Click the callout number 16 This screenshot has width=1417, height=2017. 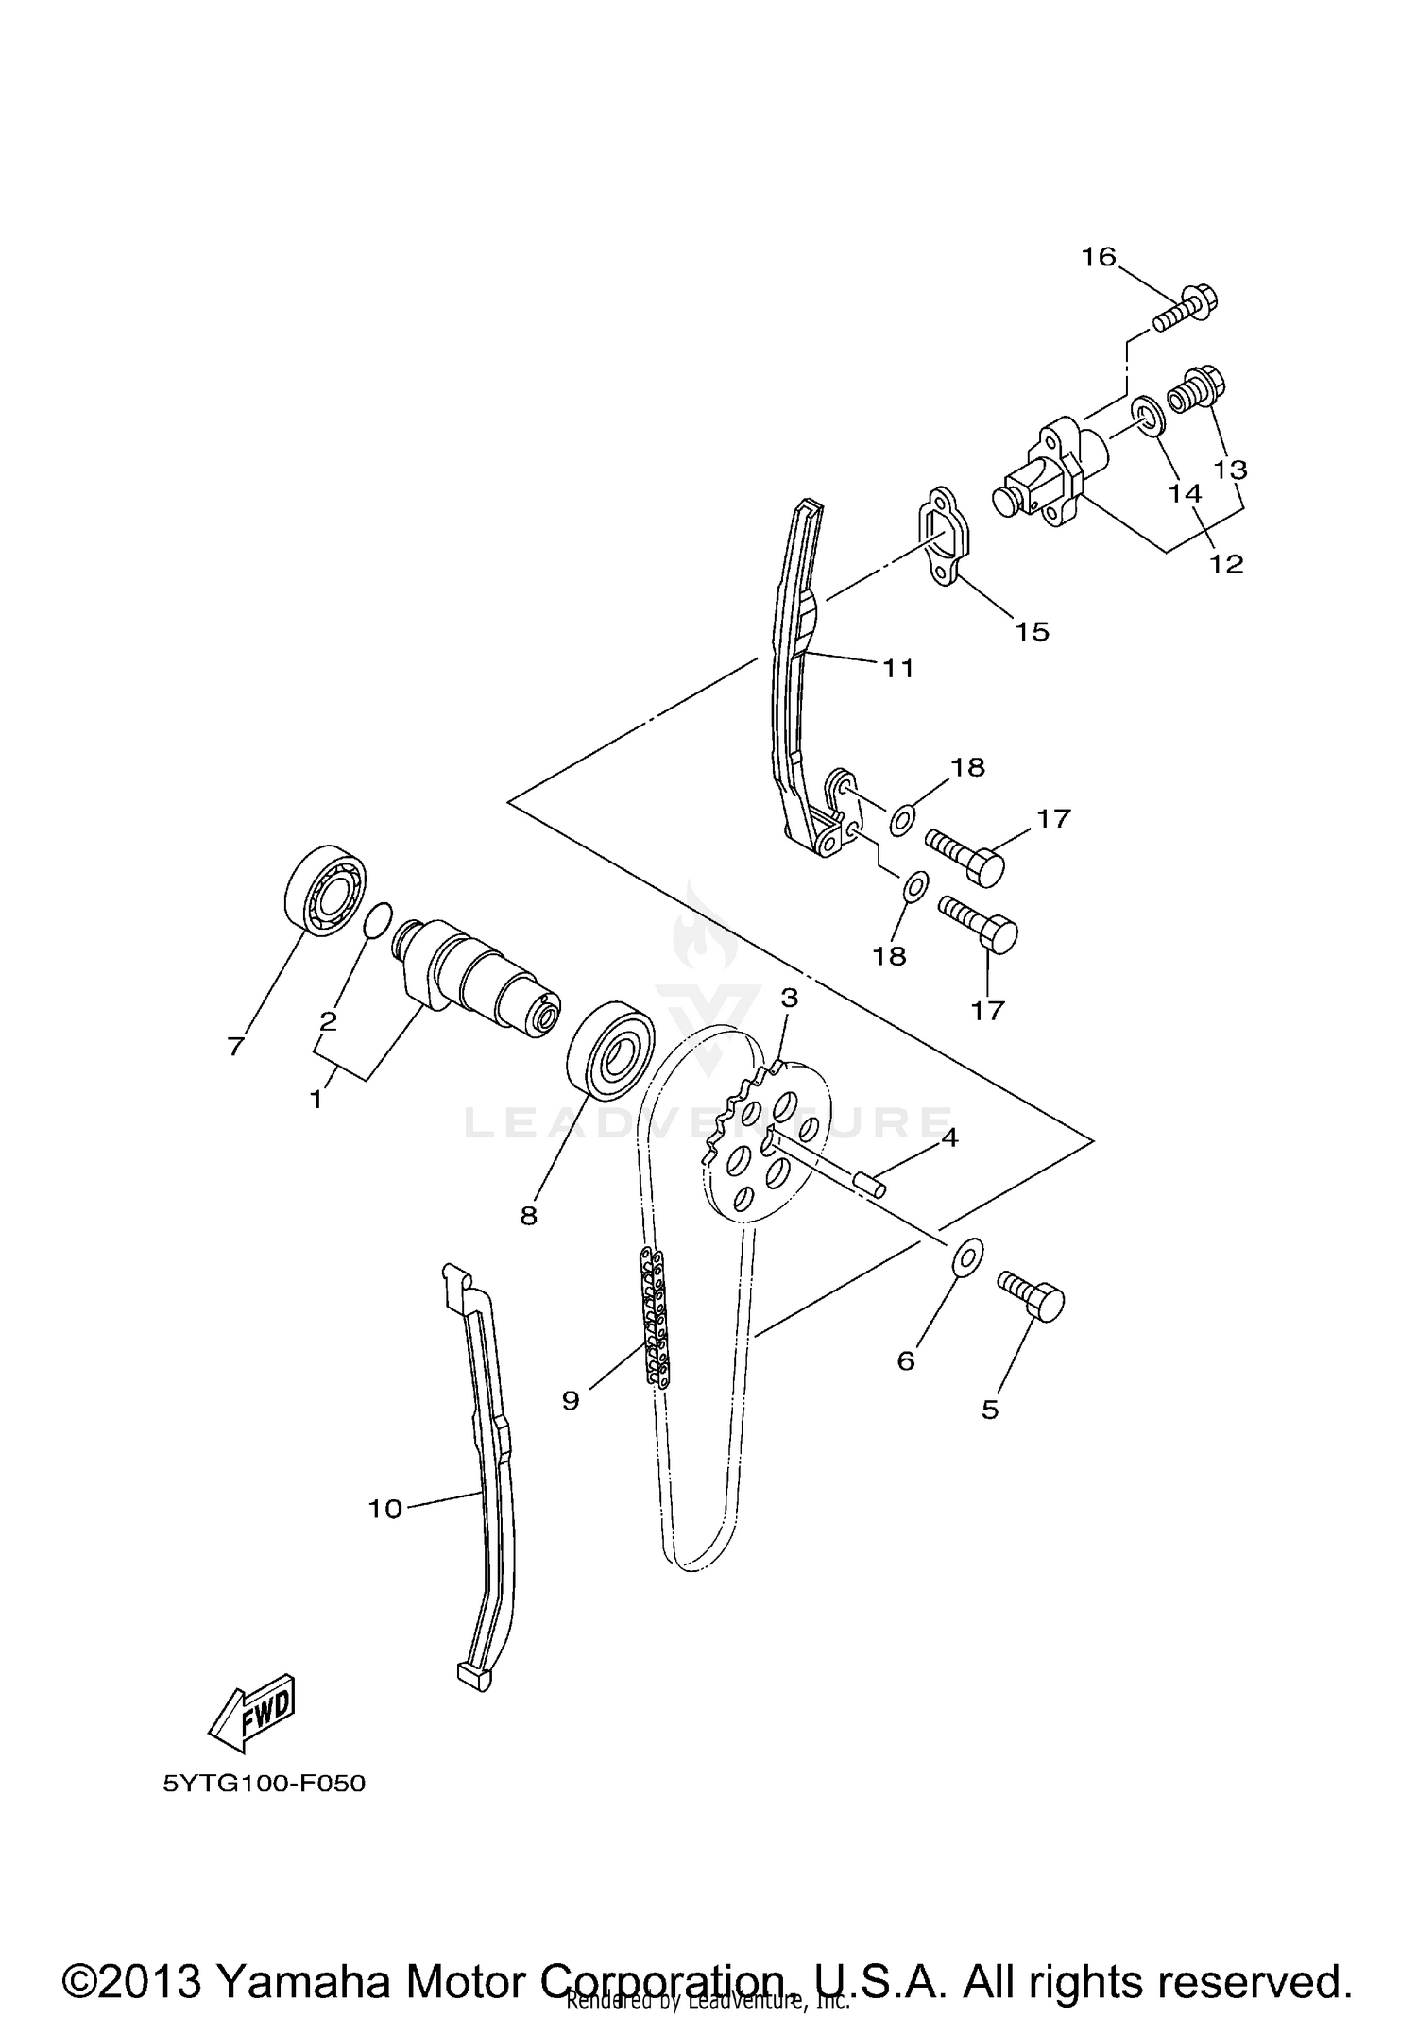(x=1099, y=257)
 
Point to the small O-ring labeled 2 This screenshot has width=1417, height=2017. (x=377, y=919)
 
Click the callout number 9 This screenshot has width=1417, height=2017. (x=570, y=1400)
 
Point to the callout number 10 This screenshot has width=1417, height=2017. (x=384, y=1510)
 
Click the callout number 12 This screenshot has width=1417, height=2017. (x=1226, y=564)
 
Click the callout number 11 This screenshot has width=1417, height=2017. (x=898, y=668)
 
